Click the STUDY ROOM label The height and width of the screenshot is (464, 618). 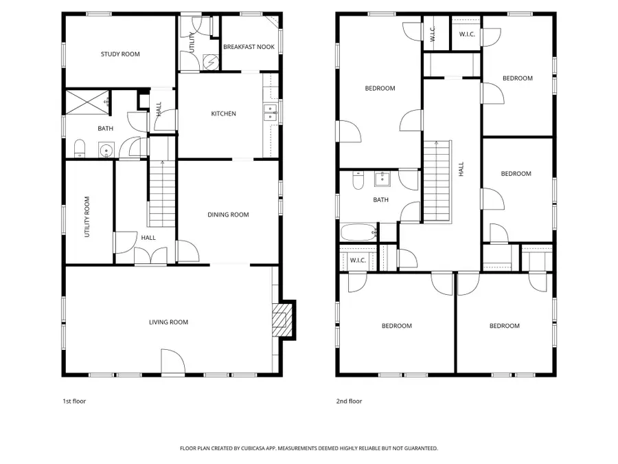(120, 54)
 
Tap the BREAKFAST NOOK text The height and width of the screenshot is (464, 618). (249, 47)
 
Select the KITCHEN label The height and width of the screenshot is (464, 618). (223, 113)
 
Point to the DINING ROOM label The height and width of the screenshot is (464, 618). (228, 214)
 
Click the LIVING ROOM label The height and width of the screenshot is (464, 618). (169, 322)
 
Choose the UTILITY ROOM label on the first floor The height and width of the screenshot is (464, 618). (87, 217)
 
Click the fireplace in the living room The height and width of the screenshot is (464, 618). (280, 320)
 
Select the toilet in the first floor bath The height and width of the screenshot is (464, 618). (79, 148)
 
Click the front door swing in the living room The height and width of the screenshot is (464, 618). (172, 362)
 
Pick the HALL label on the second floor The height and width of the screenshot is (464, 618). (461, 168)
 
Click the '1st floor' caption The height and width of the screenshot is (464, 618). (74, 401)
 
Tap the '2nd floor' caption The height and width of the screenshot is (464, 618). (350, 401)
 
